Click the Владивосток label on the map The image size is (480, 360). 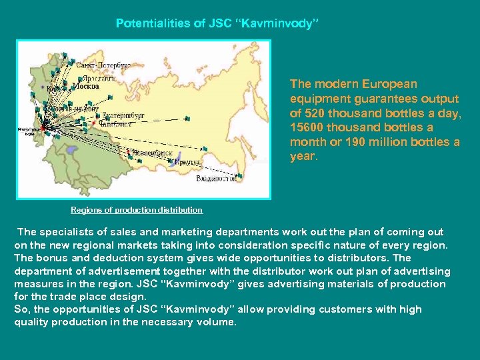click(216, 179)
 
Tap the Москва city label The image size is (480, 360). click(85, 86)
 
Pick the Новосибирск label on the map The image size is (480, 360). click(152, 153)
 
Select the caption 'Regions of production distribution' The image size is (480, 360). click(137, 210)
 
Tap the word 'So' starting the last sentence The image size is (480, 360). click(21, 309)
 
